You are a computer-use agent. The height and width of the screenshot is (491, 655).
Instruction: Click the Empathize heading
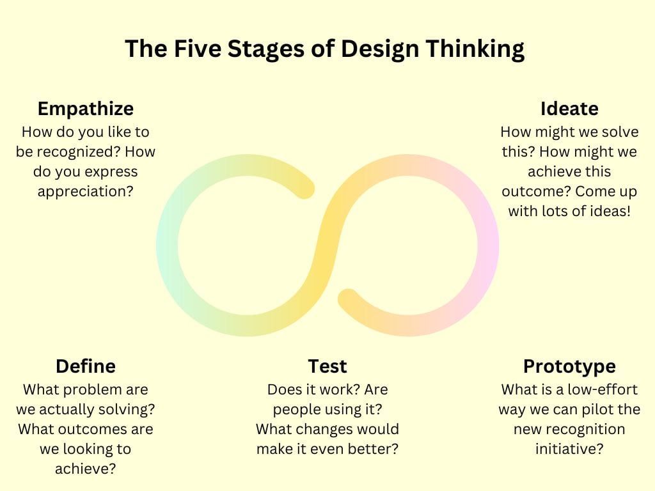[x=85, y=109]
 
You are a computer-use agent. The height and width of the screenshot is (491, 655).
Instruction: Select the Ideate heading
[x=569, y=109]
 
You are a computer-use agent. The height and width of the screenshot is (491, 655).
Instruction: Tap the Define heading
[x=85, y=366]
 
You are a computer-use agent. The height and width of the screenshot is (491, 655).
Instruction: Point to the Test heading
[x=327, y=366]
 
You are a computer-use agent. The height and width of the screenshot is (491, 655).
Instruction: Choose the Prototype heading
[x=569, y=366]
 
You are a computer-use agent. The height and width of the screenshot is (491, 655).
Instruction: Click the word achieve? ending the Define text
[x=85, y=469]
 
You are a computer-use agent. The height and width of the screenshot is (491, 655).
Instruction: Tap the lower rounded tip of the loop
[x=348, y=299]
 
